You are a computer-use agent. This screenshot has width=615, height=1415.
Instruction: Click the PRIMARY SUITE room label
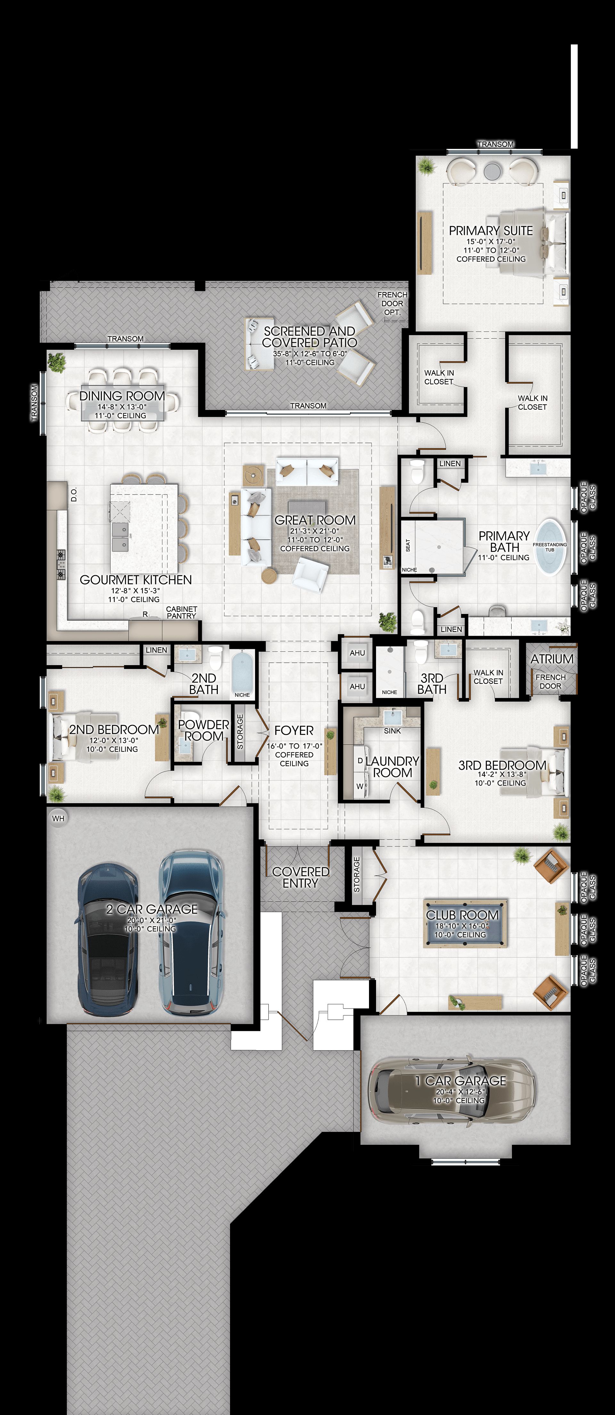tap(491, 231)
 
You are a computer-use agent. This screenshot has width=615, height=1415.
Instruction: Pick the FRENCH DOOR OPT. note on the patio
tap(392, 303)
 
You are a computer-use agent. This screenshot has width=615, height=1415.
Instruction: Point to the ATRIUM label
tap(552, 658)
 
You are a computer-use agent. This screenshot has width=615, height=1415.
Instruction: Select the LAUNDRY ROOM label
tap(392, 767)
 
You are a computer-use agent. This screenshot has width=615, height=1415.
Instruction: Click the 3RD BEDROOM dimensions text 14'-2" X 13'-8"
tap(502, 774)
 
